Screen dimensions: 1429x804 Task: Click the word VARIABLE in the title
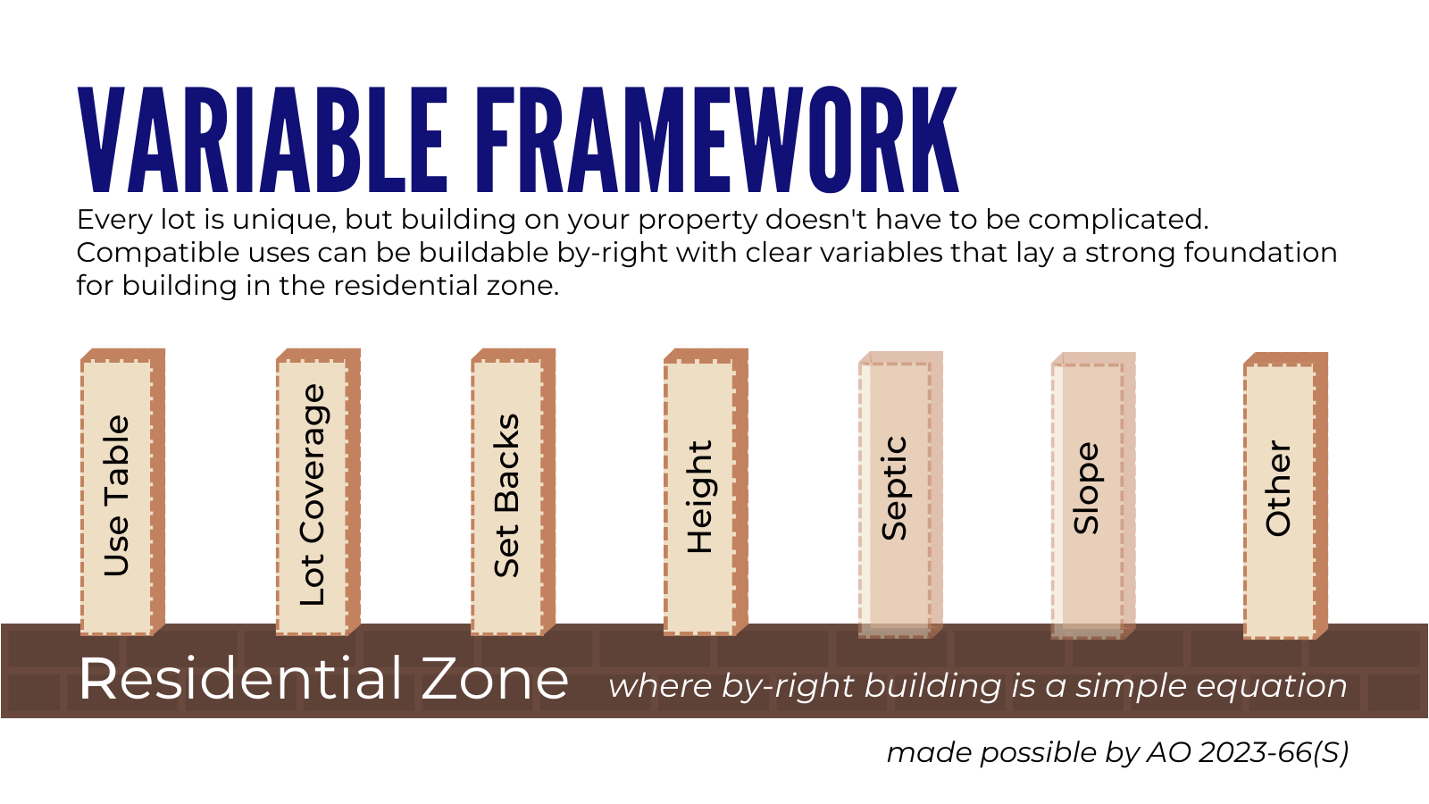point(261,139)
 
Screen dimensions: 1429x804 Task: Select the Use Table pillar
point(122,492)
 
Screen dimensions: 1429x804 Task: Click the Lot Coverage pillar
point(318,492)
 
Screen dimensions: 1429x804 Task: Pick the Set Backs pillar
point(513,492)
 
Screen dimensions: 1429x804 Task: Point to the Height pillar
point(706,492)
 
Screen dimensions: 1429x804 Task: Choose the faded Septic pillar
point(901,495)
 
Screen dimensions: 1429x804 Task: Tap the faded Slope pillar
point(1093,496)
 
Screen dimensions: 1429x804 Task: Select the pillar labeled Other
point(1285,496)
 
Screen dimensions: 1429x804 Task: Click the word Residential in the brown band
point(240,679)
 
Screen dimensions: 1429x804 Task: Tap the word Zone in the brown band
point(495,679)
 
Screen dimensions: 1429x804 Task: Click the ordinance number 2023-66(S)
point(1274,753)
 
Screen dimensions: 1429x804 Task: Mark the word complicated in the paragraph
point(1118,221)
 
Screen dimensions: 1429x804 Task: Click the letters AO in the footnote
point(1169,753)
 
